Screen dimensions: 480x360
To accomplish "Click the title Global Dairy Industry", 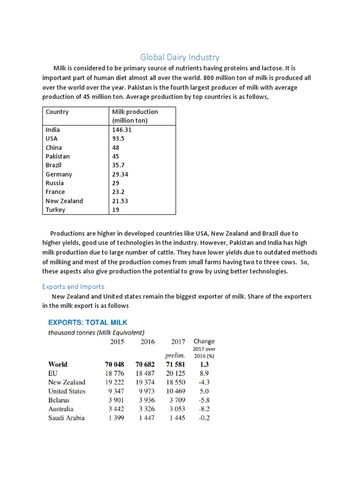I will [180, 57].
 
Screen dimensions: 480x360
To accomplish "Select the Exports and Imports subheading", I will [73, 286].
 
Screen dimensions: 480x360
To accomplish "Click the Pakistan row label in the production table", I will [58, 156].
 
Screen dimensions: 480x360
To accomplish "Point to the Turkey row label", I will [55, 210].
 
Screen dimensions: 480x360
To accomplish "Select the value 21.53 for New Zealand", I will [120, 201].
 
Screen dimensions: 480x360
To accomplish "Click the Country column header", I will [57, 112].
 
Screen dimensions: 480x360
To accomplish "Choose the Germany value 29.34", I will [120, 174].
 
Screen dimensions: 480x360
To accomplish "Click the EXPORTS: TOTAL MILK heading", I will [88, 322].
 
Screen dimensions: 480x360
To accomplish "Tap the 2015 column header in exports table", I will [117, 342].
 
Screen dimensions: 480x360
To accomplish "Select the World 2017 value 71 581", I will [175, 364].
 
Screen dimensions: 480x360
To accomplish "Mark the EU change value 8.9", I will [204, 373].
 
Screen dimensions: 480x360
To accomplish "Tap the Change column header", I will [204, 341].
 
